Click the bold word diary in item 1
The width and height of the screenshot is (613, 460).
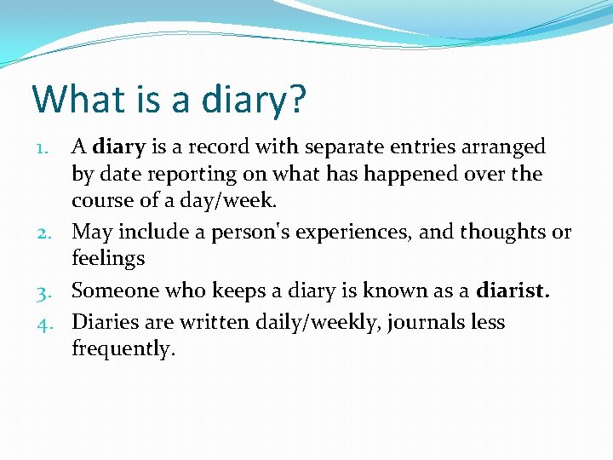pos(119,147)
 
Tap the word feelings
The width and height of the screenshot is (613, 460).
pos(108,259)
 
